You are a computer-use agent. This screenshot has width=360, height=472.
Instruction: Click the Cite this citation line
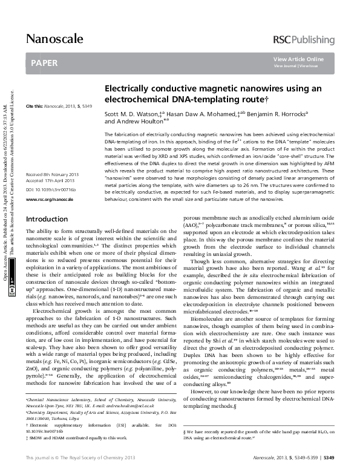[x=59, y=107]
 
